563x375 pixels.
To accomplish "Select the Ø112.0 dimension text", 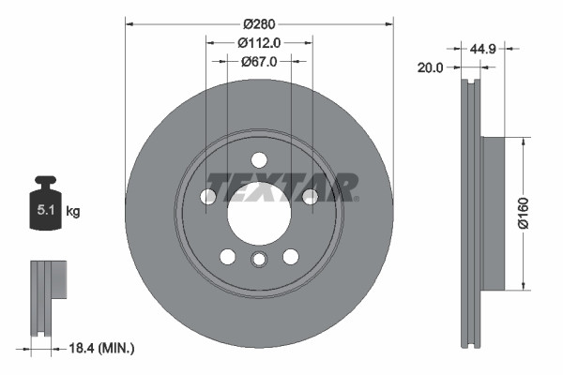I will point(258,42).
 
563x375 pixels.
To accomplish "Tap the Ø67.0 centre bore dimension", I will point(258,62).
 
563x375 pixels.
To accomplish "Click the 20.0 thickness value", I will point(432,67).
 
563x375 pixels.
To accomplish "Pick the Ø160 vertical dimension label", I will point(537,214).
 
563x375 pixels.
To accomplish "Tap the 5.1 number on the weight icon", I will point(44,212).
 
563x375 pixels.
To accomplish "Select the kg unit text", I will point(73,212).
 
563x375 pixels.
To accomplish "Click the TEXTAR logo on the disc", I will point(281,187).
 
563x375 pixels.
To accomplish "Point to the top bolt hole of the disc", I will point(259,158).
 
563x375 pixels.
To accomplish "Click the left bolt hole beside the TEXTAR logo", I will point(208,196).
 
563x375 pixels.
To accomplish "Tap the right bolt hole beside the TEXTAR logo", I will point(310,196).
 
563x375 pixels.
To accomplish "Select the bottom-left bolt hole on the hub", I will point(227,256).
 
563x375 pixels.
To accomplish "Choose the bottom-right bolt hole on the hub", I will point(291,256).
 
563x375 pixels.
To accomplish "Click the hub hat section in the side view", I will point(493,214).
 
